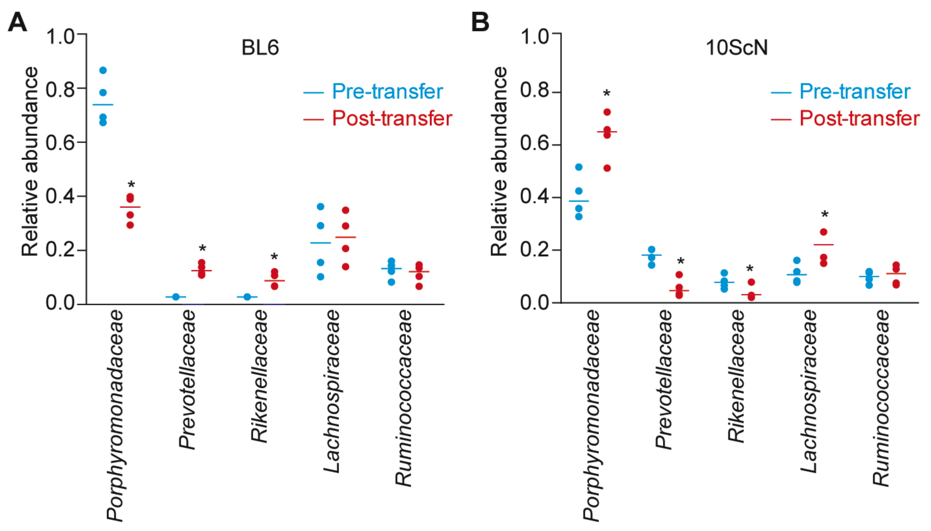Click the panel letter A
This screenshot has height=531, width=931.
17,22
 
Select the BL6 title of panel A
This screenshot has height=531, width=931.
260,48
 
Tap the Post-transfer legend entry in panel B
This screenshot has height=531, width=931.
859,119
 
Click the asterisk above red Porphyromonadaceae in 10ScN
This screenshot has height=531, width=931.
606,94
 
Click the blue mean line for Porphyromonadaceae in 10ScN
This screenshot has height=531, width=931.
579,201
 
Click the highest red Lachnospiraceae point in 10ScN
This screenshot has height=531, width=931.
824,232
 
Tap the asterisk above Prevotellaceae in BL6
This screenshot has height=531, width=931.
202,249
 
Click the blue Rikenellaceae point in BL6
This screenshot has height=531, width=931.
247,297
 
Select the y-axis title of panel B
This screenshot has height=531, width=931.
499,162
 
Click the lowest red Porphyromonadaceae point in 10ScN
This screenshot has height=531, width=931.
607,168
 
